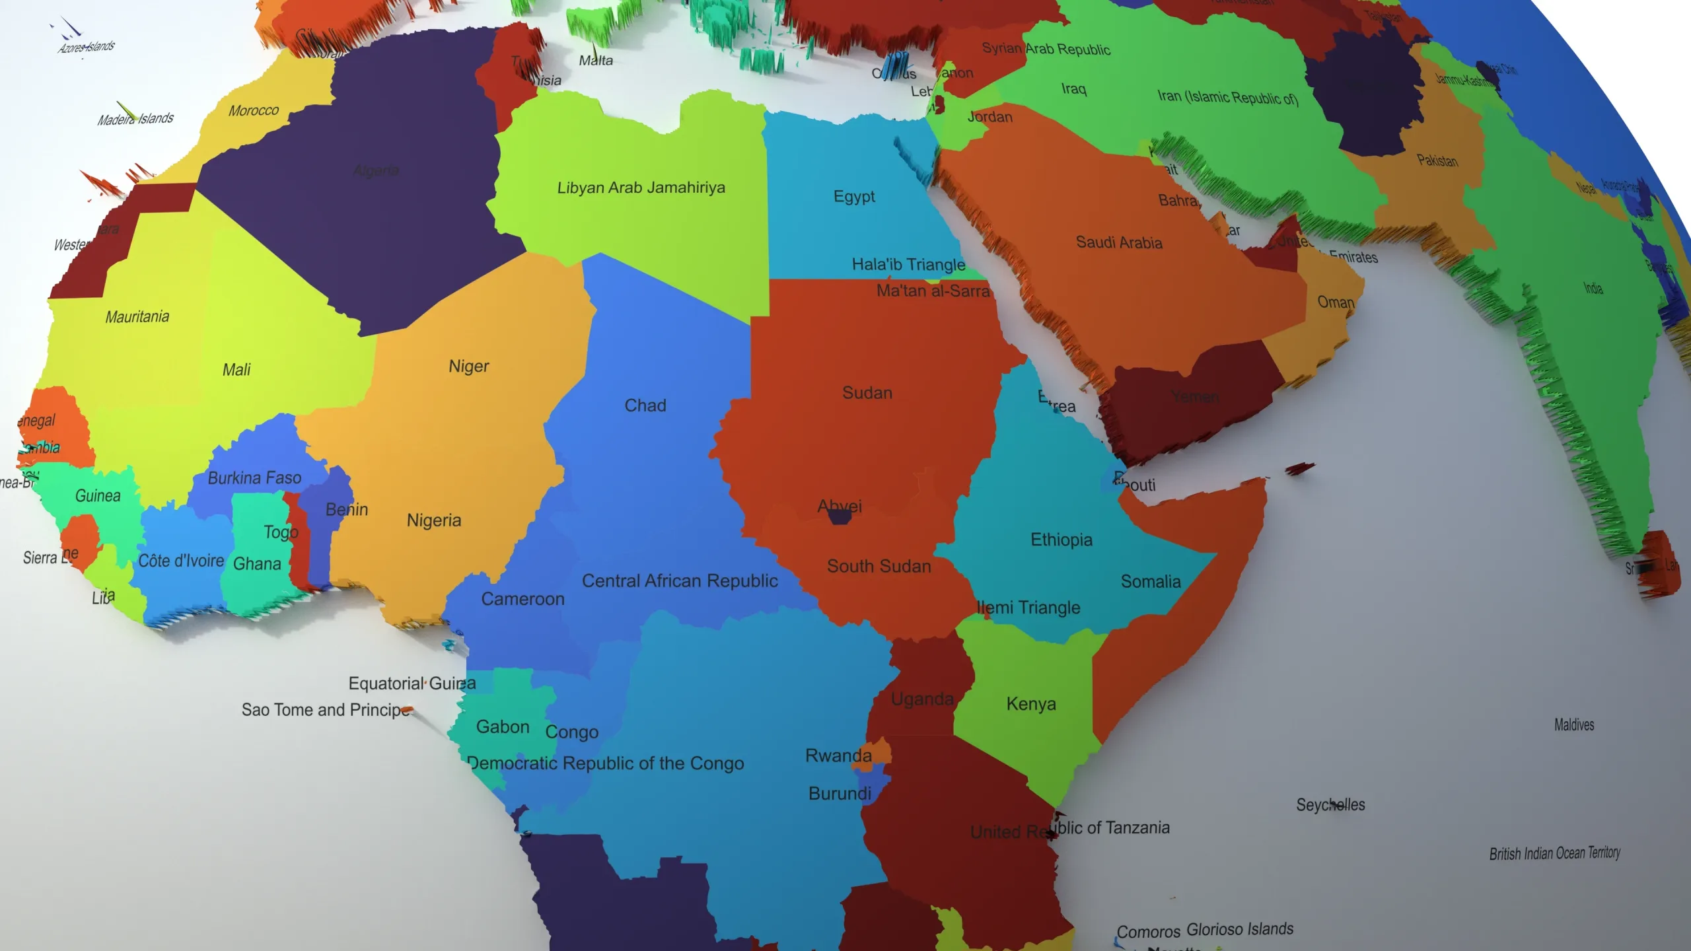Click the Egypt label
(854, 197)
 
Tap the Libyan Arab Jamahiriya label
(641, 188)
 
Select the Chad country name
(645, 405)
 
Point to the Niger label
(469, 366)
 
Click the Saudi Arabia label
(1119, 242)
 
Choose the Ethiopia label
(1061, 540)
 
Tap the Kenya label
(1031, 703)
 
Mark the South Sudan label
(879, 566)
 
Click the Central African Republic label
(680, 581)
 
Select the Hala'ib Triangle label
(908, 264)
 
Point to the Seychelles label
(1330, 804)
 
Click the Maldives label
(1574, 724)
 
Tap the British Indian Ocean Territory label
(1554, 853)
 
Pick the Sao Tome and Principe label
(326, 710)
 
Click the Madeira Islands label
(135, 119)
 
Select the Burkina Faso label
(254, 477)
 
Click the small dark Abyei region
(840, 517)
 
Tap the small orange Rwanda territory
(881, 754)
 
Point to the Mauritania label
(137, 316)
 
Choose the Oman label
(1336, 302)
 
